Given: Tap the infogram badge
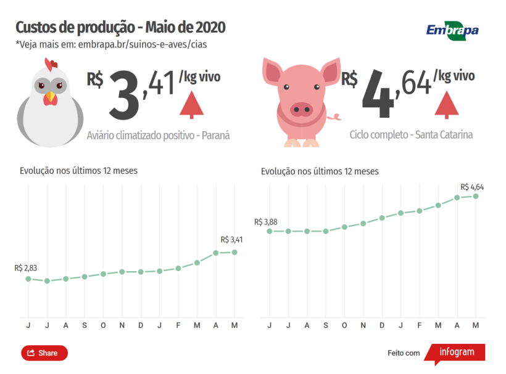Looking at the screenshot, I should [x=457, y=352].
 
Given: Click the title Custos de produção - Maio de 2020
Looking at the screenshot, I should [x=120, y=28].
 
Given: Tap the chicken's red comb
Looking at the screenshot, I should [x=51, y=63].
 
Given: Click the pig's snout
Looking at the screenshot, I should [x=302, y=110].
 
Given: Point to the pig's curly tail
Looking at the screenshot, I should [x=335, y=116].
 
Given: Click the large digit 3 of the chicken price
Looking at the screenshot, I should [x=124, y=94].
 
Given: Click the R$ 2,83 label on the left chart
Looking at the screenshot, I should [x=26, y=268].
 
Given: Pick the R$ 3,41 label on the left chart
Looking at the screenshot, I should [x=231, y=240].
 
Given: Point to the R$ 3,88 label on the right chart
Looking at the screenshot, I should [x=265, y=222].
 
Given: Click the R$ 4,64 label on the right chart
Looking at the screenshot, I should [x=472, y=186].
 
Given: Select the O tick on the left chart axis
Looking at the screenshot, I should [x=103, y=325].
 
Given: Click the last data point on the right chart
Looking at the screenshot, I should [x=476, y=196].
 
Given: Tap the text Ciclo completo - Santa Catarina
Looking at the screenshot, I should [x=411, y=134].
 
